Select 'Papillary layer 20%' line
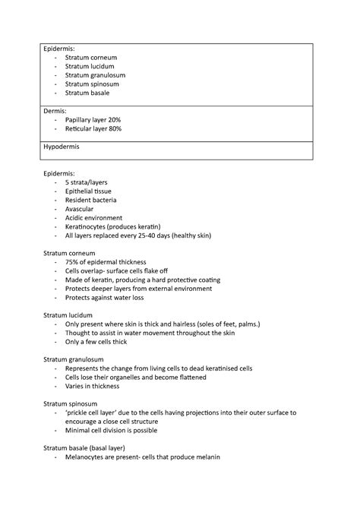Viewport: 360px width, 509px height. [93, 120]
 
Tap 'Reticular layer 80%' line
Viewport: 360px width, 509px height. [93, 129]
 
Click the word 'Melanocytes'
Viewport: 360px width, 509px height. [90, 457]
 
